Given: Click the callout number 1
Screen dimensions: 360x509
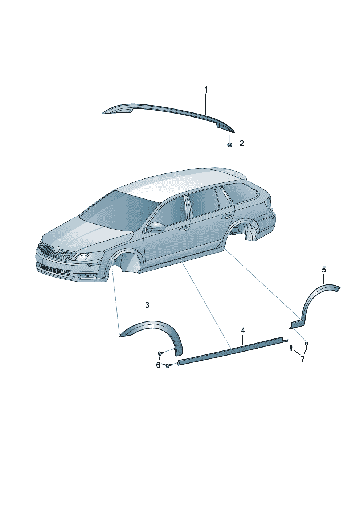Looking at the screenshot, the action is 206,90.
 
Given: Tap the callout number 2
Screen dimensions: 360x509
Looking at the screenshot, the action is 241,143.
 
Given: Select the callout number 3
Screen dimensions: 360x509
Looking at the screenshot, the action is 147,305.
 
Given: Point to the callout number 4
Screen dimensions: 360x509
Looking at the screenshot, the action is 243,331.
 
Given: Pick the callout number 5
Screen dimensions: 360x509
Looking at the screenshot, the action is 324,270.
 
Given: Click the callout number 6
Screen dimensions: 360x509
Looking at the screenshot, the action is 158,365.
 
